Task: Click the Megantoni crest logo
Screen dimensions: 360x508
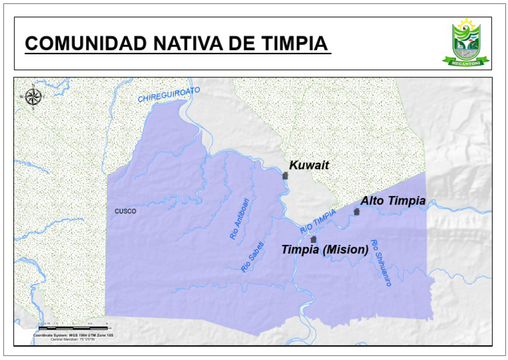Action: (467, 42)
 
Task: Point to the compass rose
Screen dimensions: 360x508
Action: (33, 97)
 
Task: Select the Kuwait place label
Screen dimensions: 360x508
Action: (309, 165)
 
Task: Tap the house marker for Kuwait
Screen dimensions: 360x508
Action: (286, 175)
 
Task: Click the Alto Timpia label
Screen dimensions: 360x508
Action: (393, 201)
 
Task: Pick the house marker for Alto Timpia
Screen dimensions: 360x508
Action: (357, 212)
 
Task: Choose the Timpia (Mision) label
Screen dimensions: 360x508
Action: (325, 250)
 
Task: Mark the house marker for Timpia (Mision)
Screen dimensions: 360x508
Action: (314, 239)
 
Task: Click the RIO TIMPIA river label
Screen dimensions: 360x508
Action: (318, 220)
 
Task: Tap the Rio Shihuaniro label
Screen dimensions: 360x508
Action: (381, 262)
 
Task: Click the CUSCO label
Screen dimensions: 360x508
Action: (125, 212)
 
